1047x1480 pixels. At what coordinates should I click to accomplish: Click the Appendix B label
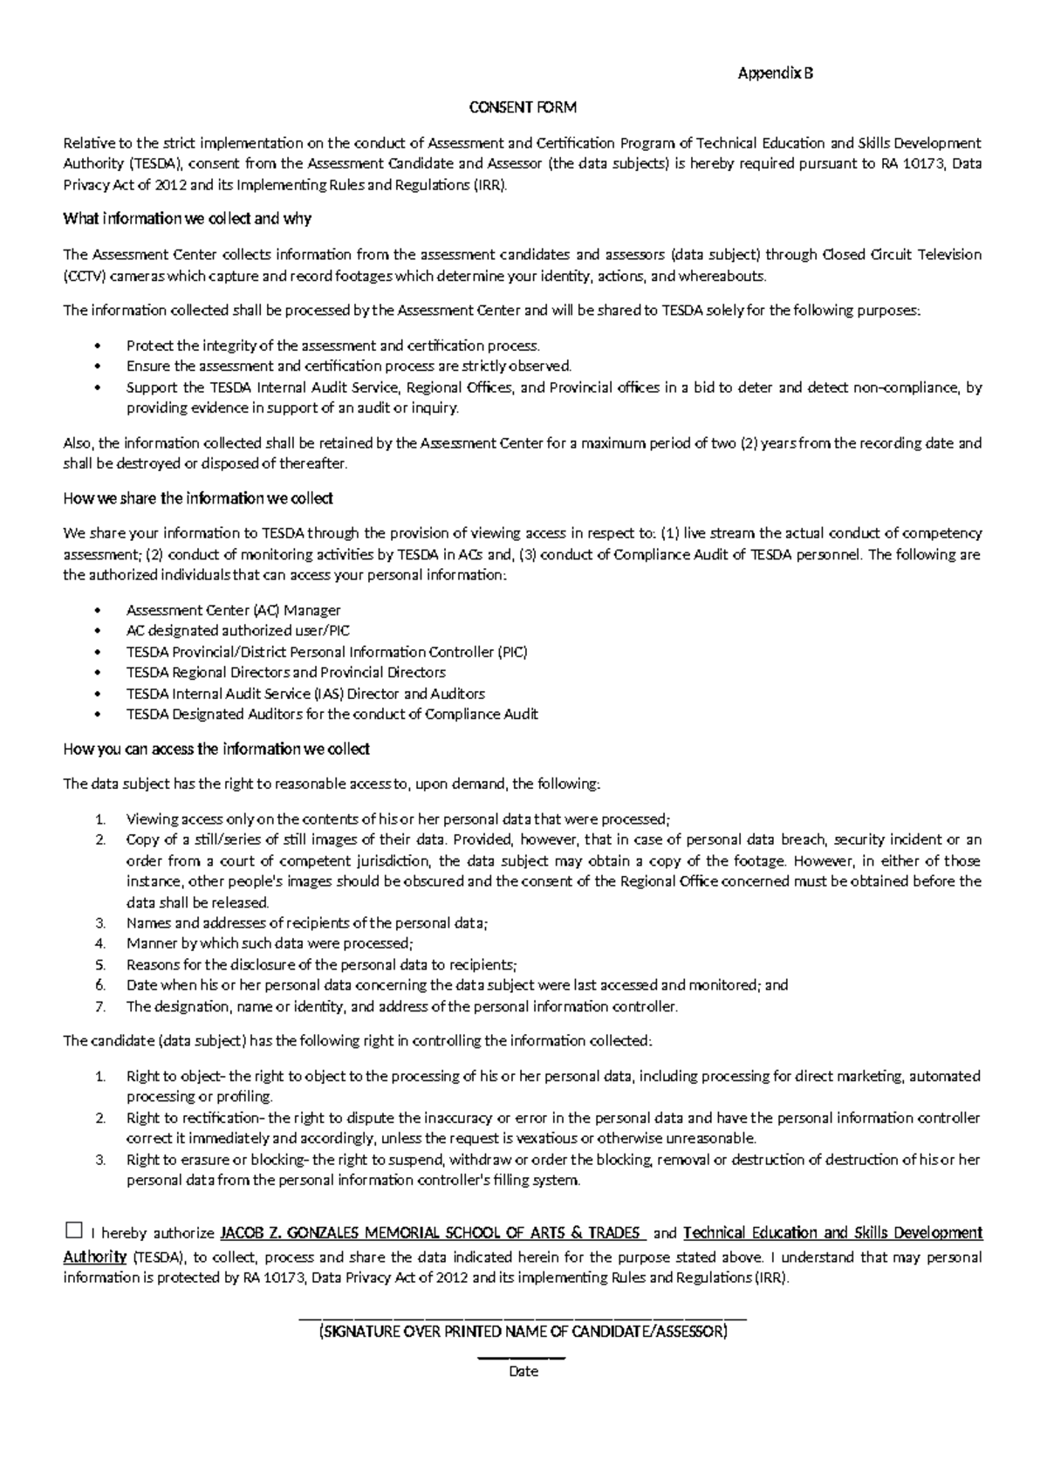pyautogui.click(x=775, y=74)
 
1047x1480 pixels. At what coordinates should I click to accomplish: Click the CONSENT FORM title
pyautogui.click(x=523, y=108)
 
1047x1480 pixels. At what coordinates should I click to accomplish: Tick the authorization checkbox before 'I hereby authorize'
pyautogui.click(x=73, y=1231)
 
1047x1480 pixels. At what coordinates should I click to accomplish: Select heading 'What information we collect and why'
pyautogui.click(x=187, y=219)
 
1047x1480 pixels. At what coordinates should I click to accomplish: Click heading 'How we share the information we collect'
pyautogui.click(x=198, y=498)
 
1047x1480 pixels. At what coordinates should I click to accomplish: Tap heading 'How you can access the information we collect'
pyautogui.click(x=216, y=749)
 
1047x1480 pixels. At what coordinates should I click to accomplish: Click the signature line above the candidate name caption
pyautogui.click(x=523, y=1317)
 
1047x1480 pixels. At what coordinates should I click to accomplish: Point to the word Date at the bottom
pyautogui.click(x=523, y=1371)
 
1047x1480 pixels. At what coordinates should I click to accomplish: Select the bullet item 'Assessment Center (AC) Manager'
pyautogui.click(x=233, y=610)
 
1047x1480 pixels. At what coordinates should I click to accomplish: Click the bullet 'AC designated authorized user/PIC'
pyautogui.click(x=238, y=630)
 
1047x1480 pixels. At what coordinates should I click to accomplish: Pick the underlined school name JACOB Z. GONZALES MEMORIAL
pyautogui.click(x=431, y=1233)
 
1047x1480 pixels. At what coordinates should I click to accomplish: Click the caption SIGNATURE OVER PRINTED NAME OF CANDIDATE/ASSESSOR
pyautogui.click(x=523, y=1333)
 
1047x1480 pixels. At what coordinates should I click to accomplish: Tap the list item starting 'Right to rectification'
pyautogui.click(x=553, y=1118)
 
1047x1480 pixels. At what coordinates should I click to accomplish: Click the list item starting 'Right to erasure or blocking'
pyautogui.click(x=553, y=1160)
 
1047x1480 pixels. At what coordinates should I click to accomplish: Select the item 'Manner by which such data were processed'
pyautogui.click(x=270, y=943)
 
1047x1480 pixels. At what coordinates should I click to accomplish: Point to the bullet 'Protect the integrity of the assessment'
pyautogui.click(x=332, y=346)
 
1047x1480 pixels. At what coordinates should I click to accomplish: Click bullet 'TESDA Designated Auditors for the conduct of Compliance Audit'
pyautogui.click(x=332, y=714)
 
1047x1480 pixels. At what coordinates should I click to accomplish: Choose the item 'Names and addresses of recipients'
pyautogui.click(x=307, y=922)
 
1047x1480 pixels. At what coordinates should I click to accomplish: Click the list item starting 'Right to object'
pyautogui.click(x=553, y=1076)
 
